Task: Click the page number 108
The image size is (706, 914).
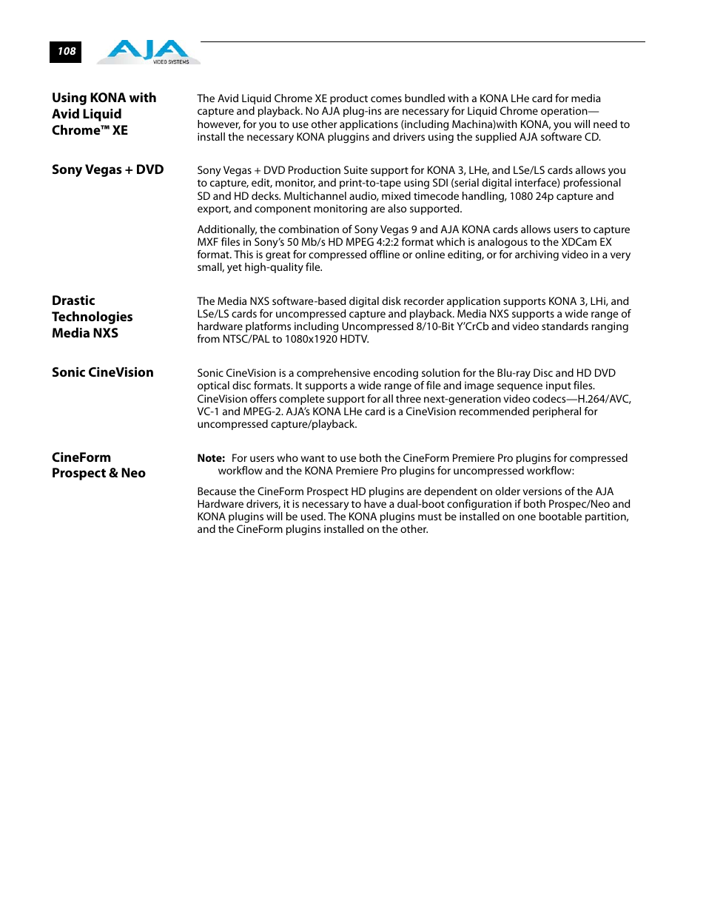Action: click(67, 51)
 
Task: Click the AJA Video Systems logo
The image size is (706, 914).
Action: click(149, 52)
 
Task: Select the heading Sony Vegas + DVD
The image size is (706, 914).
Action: click(107, 169)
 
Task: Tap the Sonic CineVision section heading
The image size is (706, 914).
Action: click(103, 372)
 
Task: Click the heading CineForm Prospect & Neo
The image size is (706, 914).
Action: click(98, 466)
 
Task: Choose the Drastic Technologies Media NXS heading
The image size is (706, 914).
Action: click(92, 317)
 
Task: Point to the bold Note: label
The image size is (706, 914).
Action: click(211, 458)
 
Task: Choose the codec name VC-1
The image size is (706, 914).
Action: click(208, 411)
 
